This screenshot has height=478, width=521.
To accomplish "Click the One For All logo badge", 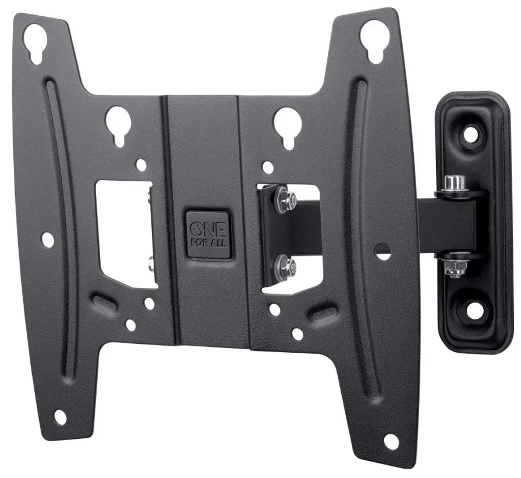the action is click(x=208, y=235).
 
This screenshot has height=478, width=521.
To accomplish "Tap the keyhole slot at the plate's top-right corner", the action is click(x=375, y=39).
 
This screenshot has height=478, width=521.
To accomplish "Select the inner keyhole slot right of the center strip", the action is click(x=288, y=126).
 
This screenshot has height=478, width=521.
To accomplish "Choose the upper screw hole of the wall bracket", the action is click(x=472, y=133).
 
